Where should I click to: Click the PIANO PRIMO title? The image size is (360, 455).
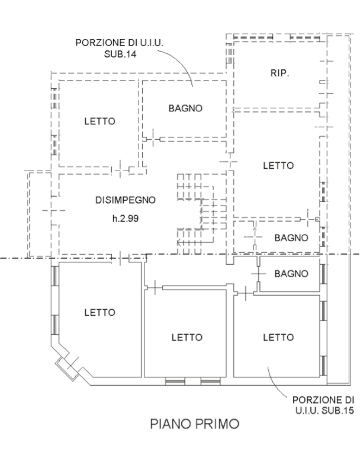point(195,424)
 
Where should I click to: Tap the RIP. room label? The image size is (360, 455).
point(279,73)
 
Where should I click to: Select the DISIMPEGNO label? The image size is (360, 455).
point(126,200)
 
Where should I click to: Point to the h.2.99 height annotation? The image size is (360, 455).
point(126,218)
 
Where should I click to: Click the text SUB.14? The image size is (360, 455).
point(120,54)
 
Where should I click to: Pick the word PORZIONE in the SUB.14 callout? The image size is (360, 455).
point(97,43)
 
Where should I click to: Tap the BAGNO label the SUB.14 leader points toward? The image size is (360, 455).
point(185,108)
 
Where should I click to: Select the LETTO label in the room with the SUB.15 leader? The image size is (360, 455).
point(278,337)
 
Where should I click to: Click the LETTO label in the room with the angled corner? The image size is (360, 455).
point(100,312)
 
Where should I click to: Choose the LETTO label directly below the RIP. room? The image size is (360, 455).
point(278,165)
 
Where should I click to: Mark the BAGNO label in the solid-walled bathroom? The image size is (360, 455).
point(291,274)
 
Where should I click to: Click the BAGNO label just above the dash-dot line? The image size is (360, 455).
point(291,238)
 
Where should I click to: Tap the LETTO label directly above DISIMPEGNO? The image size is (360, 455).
point(100,121)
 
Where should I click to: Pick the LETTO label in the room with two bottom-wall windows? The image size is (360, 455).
point(187,337)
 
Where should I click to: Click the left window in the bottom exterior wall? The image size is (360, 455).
point(175,382)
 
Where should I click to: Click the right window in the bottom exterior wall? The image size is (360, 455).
point(211,382)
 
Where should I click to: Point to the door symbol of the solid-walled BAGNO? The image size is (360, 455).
point(258,274)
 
